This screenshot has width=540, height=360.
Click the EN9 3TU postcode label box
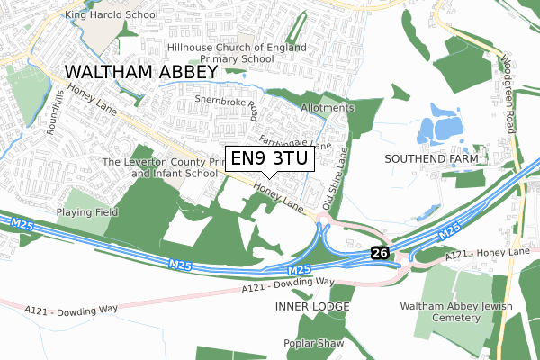pos(269,159)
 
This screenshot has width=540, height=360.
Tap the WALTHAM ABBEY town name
pos(140,72)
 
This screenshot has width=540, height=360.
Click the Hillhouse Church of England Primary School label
pos(237,53)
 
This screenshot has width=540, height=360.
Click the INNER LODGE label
pos(310,307)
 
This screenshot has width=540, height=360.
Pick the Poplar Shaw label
pos(310,343)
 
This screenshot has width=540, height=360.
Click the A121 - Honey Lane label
pos(486,256)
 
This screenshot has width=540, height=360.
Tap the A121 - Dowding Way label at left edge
pos(72,310)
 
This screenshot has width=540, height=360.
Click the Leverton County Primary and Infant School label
pos(161,166)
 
